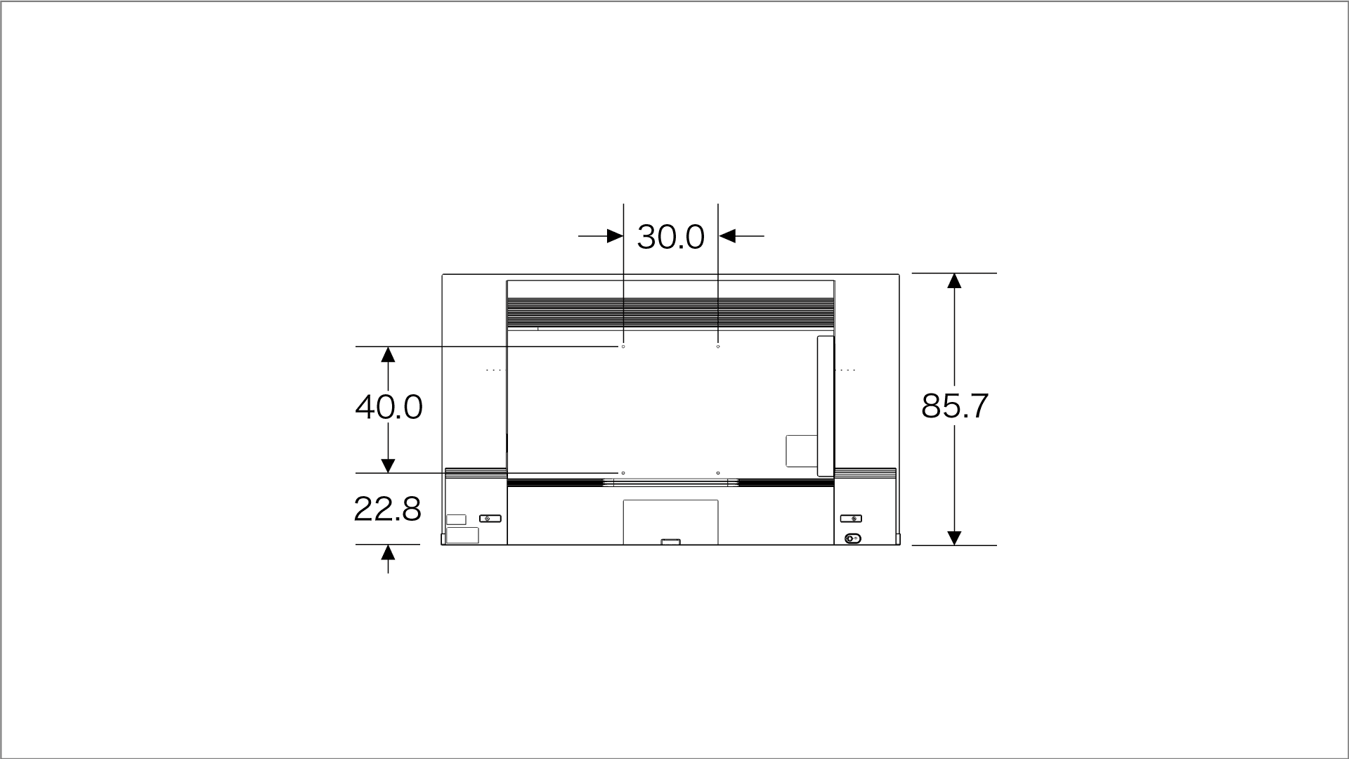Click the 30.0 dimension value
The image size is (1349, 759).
(x=670, y=237)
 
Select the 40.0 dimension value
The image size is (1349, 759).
(x=389, y=407)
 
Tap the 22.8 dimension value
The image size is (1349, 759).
(x=387, y=509)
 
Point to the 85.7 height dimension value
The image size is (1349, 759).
(x=954, y=406)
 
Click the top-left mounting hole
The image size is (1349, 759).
(x=623, y=346)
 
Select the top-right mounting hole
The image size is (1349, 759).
(x=718, y=346)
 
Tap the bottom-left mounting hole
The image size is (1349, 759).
(x=623, y=473)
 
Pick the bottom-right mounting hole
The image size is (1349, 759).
(x=718, y=473)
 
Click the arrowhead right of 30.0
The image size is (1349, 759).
(x=727, y=236)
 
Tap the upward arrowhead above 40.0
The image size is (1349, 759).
(x=388, y=355)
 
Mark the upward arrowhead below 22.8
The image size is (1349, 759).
(x=388, y=553)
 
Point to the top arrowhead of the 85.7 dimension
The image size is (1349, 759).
(x=954, y=281)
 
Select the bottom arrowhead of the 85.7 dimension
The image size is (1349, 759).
(x=954, y=538)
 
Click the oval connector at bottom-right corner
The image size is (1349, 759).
(x=852, y=539)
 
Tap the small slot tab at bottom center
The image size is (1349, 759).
(x=671, y=542)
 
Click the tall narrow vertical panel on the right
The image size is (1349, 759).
(x=826, y=406)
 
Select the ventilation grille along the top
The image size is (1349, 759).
(x=671, y=312)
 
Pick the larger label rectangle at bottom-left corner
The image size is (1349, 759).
(x=462, y=535)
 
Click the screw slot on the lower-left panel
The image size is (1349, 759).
(x=490, y=519)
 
